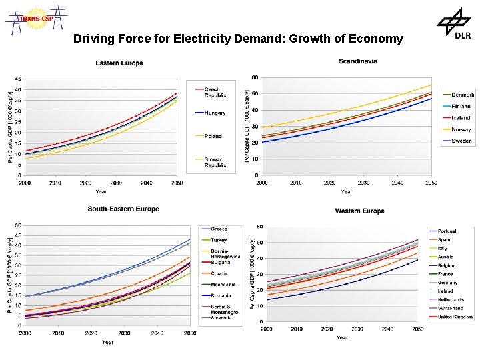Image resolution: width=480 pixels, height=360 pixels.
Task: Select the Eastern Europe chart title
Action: (119, 63)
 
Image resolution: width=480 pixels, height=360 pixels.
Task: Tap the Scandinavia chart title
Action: (358, 61)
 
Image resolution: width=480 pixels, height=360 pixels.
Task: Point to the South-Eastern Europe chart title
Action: (123, 209)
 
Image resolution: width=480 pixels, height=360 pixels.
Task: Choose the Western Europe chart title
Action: (359, 211)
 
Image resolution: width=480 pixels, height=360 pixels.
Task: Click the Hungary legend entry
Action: (215, 113)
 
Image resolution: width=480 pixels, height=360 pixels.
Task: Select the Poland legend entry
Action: (213, 136)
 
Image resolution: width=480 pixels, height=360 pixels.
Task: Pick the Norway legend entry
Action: (461, 129)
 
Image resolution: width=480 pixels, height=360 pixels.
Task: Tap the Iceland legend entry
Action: (461, 118)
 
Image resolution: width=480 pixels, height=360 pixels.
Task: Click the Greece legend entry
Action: (219, 229)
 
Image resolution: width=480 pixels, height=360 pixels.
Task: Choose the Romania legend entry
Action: (221, 295)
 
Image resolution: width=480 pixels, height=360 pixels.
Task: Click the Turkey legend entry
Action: (219, 240)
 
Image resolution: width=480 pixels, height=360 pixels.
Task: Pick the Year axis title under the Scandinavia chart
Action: (347, 191)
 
